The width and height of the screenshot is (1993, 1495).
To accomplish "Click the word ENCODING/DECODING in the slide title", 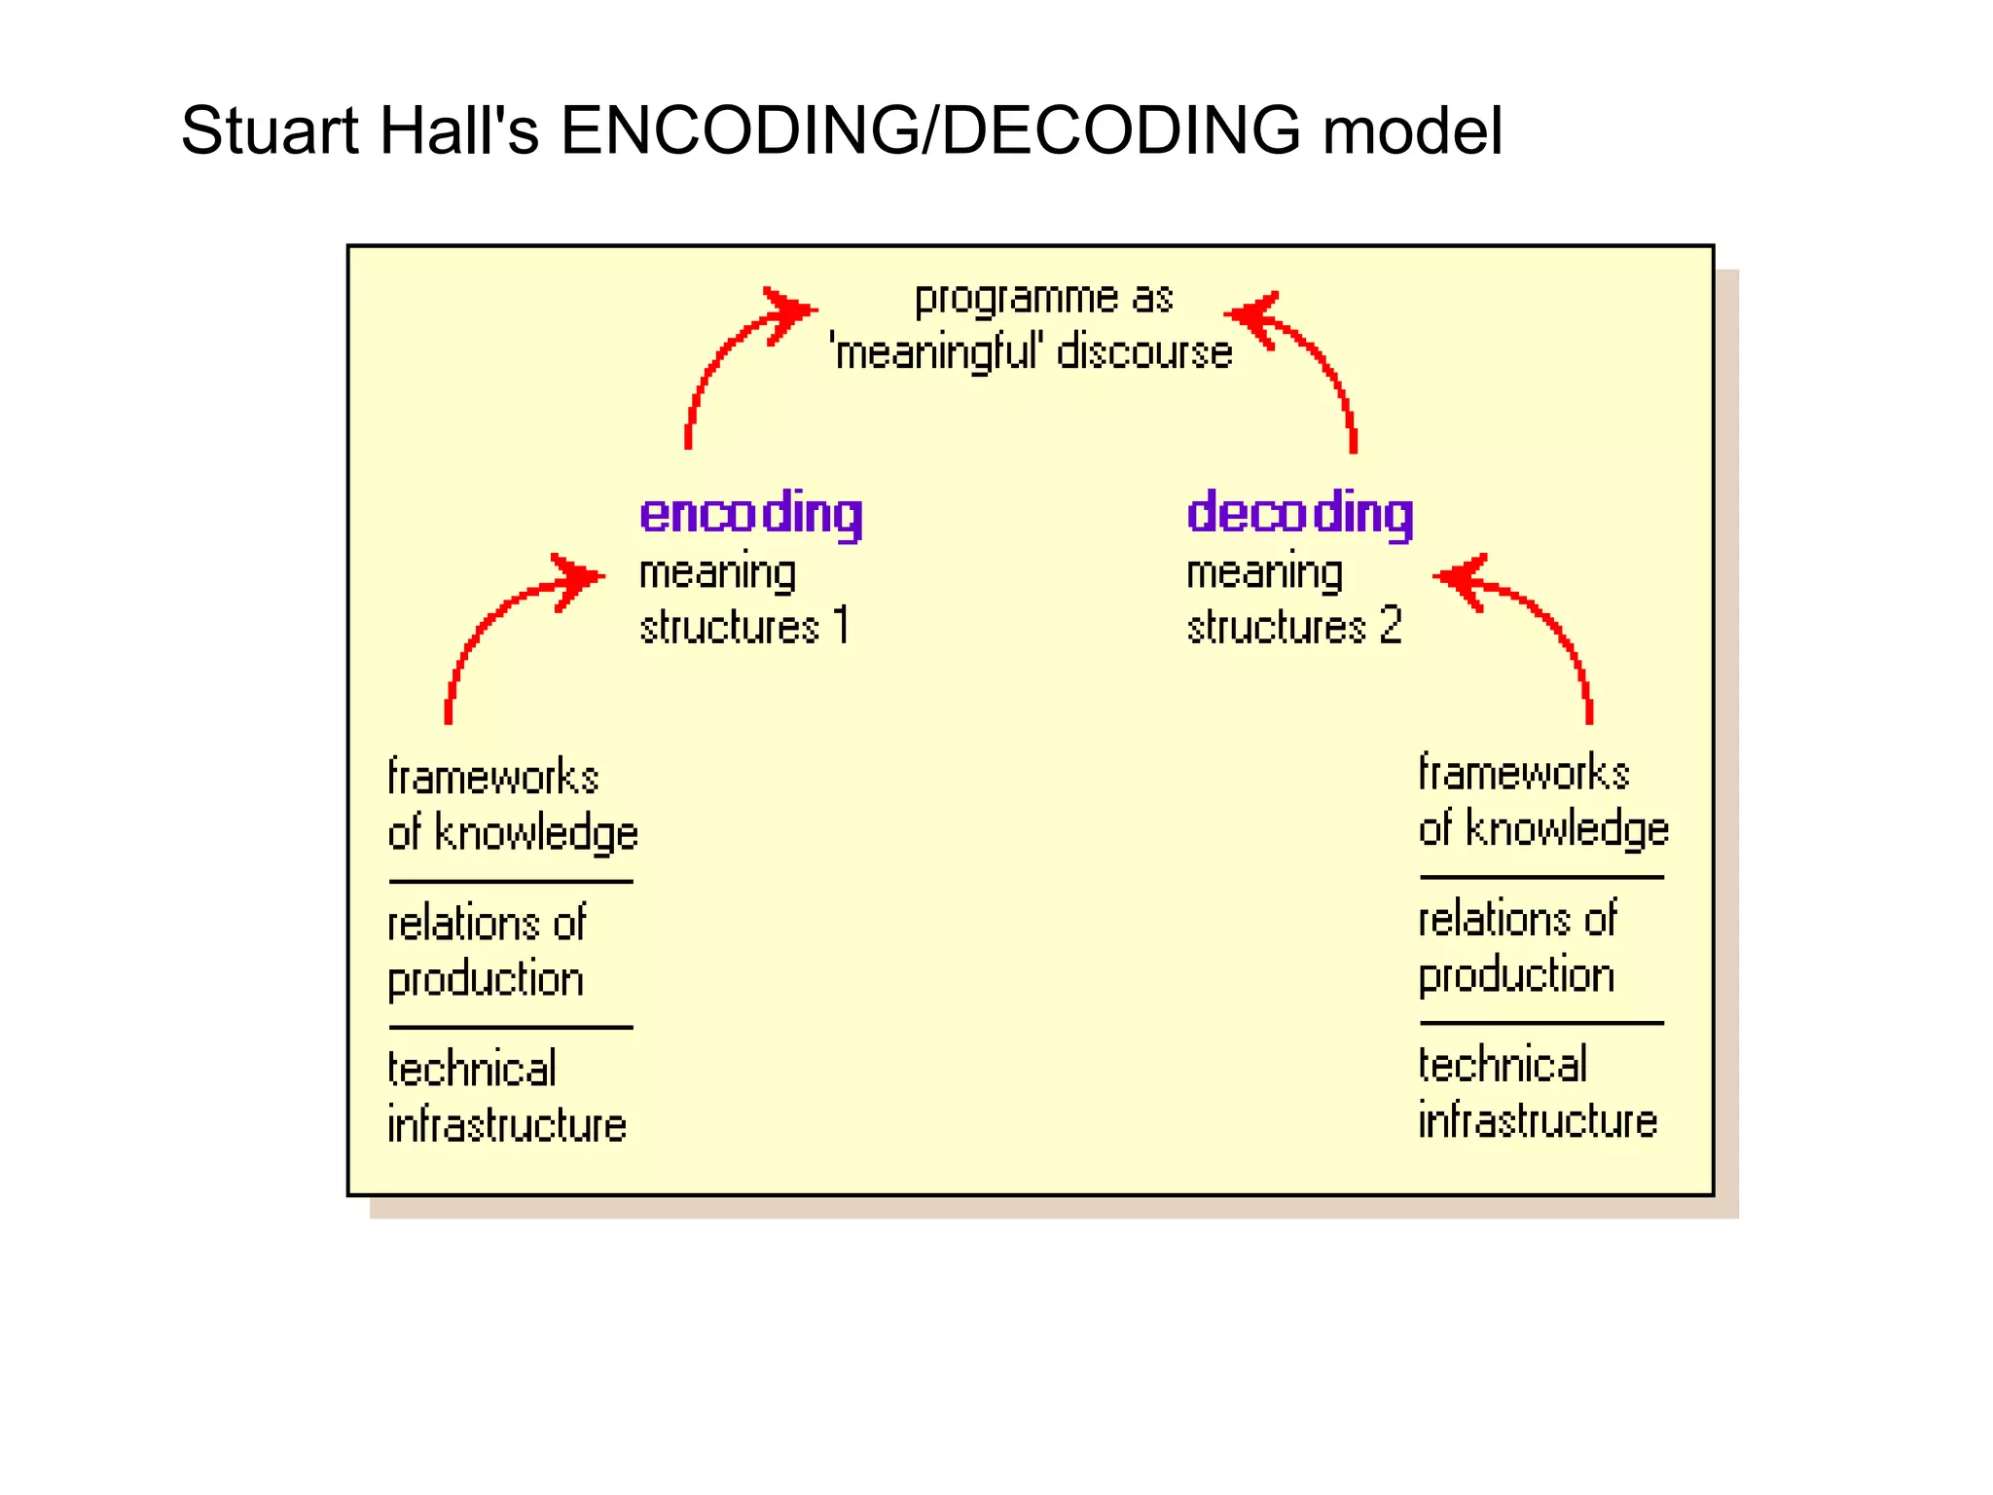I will point(929,130).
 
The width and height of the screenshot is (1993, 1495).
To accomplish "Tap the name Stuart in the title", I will point(268,130).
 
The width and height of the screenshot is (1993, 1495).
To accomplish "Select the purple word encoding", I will point(750,513).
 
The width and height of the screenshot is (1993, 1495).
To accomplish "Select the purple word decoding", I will point(1299,513).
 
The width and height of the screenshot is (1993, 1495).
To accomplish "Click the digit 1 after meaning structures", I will point(842,625).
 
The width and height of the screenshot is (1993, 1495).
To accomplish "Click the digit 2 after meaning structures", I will point(1391,625).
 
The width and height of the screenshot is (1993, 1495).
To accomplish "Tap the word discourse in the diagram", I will point(1144,352).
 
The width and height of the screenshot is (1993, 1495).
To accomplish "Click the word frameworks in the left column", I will point(492,778).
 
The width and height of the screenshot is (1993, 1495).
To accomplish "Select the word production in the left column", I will point(486,980).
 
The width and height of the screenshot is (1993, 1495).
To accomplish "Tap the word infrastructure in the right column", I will point(1538,1120).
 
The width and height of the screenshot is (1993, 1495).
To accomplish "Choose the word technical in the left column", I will point(472,1069).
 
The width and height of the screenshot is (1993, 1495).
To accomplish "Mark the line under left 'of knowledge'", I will point(511,882).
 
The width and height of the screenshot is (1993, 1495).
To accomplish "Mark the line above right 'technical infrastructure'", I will point(1541,1023).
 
